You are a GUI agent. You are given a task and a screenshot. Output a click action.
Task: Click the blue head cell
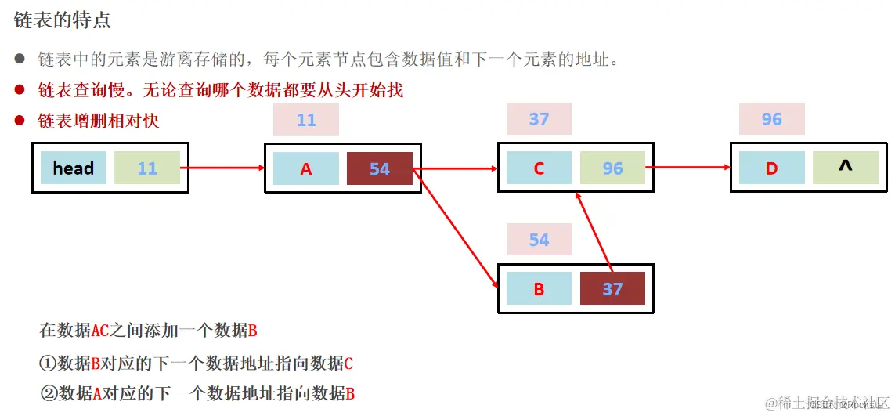74,168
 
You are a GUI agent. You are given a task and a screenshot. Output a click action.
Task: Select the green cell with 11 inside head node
147,168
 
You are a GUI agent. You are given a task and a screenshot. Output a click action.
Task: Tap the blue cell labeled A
306,168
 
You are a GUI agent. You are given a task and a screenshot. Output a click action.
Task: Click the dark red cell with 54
379,168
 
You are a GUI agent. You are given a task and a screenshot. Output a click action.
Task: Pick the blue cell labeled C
539,168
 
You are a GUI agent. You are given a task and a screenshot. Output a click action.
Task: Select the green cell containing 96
612,168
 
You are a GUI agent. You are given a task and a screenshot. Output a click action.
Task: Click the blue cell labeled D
771,168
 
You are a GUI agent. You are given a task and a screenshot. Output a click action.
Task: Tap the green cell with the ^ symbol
845,168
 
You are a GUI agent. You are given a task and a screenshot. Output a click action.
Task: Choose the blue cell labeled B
539,288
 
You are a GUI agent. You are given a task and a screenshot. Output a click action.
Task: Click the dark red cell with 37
612,288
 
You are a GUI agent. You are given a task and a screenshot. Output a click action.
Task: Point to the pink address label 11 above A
306,120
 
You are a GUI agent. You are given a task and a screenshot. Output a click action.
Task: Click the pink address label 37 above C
539,119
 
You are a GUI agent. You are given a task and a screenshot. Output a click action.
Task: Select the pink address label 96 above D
771,119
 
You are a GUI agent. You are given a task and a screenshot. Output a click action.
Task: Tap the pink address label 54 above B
539,240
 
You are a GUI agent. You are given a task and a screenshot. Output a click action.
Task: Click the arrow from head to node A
223,168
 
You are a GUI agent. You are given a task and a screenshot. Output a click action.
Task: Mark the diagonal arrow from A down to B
456,227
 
